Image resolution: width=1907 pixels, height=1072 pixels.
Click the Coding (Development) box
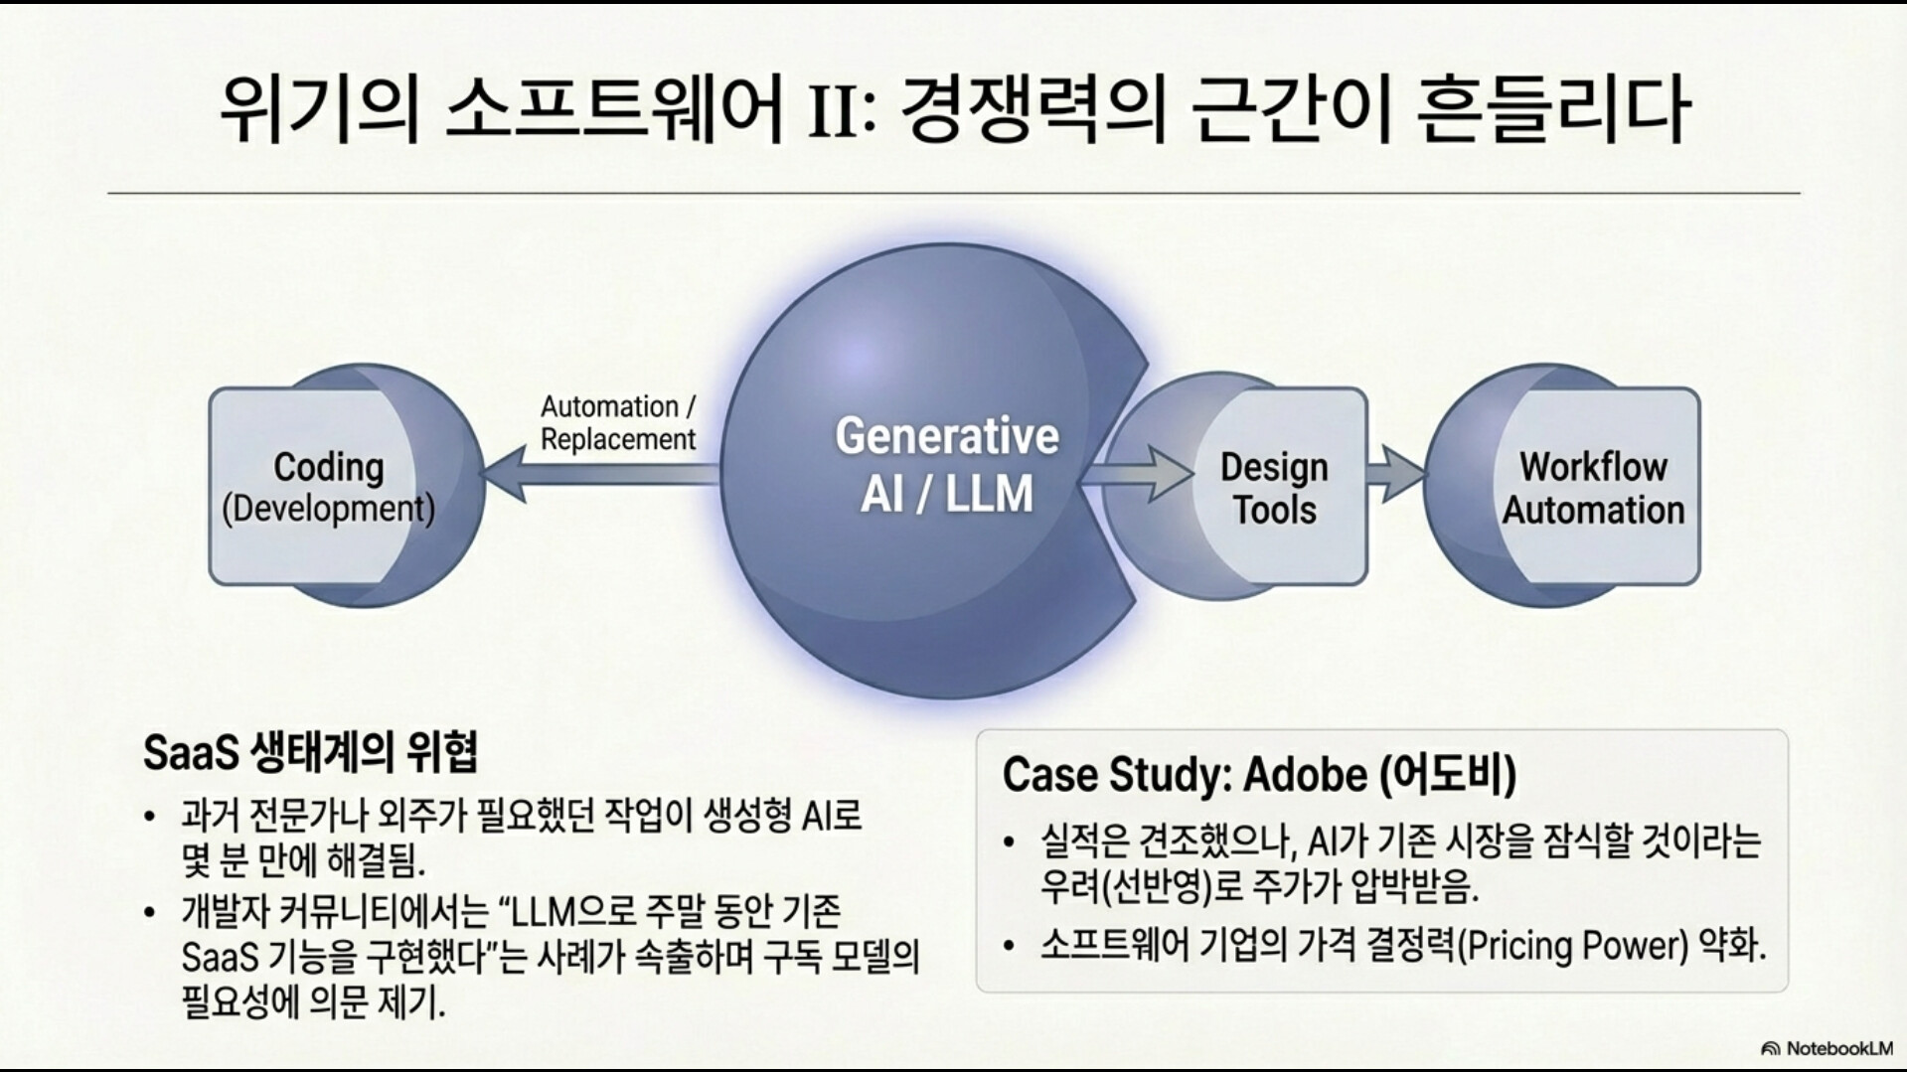(328, 487)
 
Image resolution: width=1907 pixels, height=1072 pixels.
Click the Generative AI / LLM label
(946, 465)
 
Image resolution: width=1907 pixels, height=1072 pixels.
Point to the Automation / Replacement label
(618, 422)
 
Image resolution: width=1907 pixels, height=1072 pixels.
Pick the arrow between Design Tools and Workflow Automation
(1395, 473)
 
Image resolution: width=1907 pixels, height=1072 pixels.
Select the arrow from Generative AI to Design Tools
(1143, 473)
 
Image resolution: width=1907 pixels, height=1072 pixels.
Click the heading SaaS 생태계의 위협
(310, 752)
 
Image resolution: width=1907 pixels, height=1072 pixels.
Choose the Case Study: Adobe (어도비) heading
(1259, 775)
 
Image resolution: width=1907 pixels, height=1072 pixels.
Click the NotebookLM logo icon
(1770, 1049)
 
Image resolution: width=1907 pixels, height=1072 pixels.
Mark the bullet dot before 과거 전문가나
(150, 818)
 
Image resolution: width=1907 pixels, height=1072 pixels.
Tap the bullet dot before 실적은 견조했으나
(1009, 842)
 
